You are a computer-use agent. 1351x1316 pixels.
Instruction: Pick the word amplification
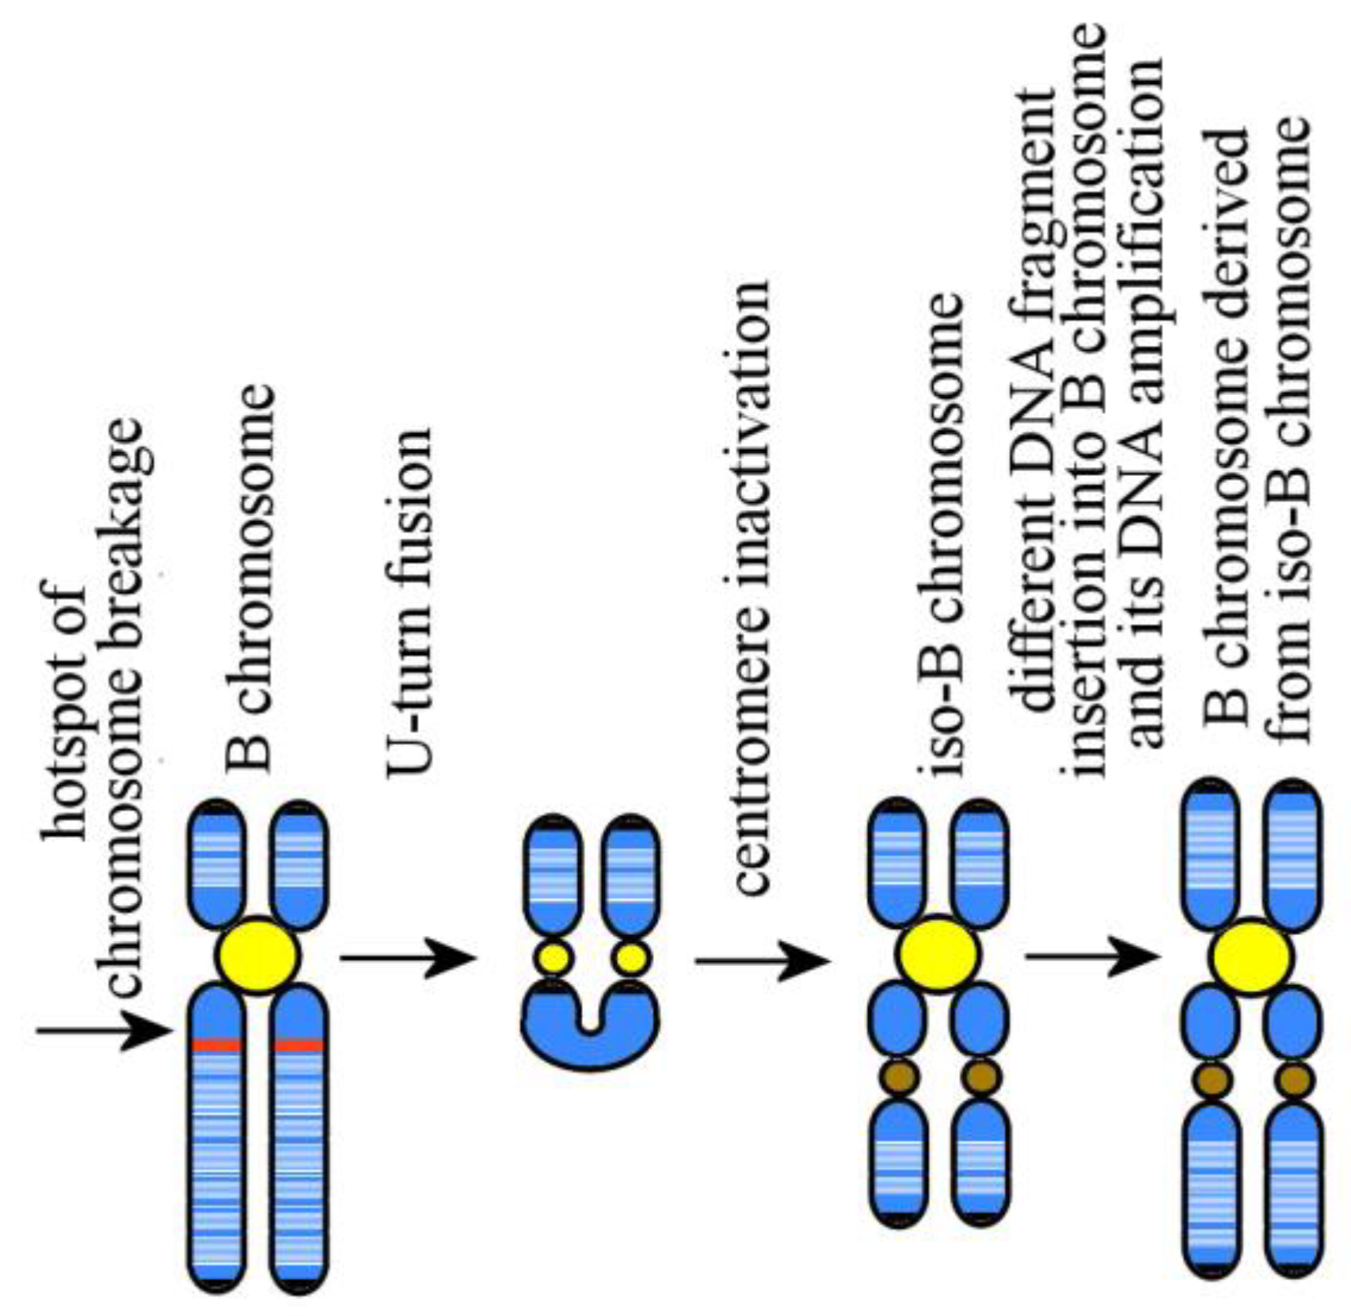click(x=1147, y=186)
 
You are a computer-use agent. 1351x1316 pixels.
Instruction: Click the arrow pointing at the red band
click(x=103, y=1032)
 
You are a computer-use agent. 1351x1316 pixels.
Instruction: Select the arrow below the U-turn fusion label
click(x=408, y=958)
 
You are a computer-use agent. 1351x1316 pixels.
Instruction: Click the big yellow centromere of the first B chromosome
click(x=257, y=957)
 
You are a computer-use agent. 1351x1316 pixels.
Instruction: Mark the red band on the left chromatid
click(x=216, y=1045)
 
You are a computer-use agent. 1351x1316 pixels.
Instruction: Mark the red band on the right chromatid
click(x=299, y=1045)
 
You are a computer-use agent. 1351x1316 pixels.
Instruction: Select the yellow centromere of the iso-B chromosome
click(x=938, y=953)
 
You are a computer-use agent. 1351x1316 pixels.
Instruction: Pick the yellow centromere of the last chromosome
click(x=1251, y=957)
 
